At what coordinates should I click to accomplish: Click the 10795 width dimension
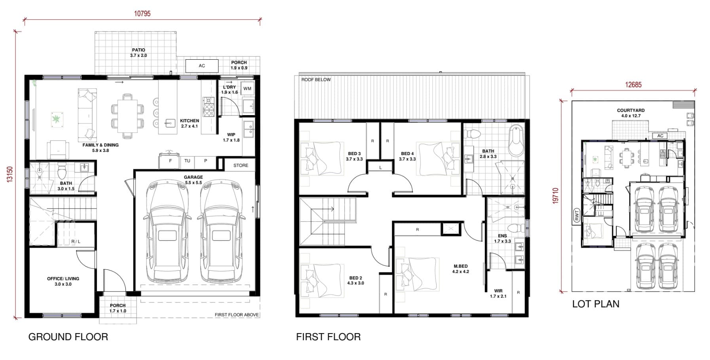[x=142, y=13]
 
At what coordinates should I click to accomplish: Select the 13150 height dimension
[x=10, y=174]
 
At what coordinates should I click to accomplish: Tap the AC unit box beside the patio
[x=202, y=66]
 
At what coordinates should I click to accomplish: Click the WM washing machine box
[x=247, y=89]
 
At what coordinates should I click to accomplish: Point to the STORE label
[x=241, y=165]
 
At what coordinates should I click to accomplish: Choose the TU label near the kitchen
[x=187, y=161]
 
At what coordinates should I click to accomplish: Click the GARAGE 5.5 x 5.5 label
[x=193, y=180]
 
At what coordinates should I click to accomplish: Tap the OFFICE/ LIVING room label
[x=63, y=281]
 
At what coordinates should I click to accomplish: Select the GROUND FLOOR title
[x=68, y=337]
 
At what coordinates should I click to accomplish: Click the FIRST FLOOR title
[x=328, y=337]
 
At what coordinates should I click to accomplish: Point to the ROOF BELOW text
[x=316, y=80]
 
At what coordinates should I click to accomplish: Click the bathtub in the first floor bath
[x=516, y=141]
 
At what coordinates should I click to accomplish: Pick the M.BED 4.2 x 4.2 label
[x=461, y=269]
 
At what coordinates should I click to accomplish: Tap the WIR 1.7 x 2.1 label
[x=498, y=294]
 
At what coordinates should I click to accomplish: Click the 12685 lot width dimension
[x=633, y=85]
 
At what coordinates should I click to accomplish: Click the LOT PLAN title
[x=596, y=304]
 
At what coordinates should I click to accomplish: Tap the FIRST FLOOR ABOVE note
[x=237, y=315]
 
